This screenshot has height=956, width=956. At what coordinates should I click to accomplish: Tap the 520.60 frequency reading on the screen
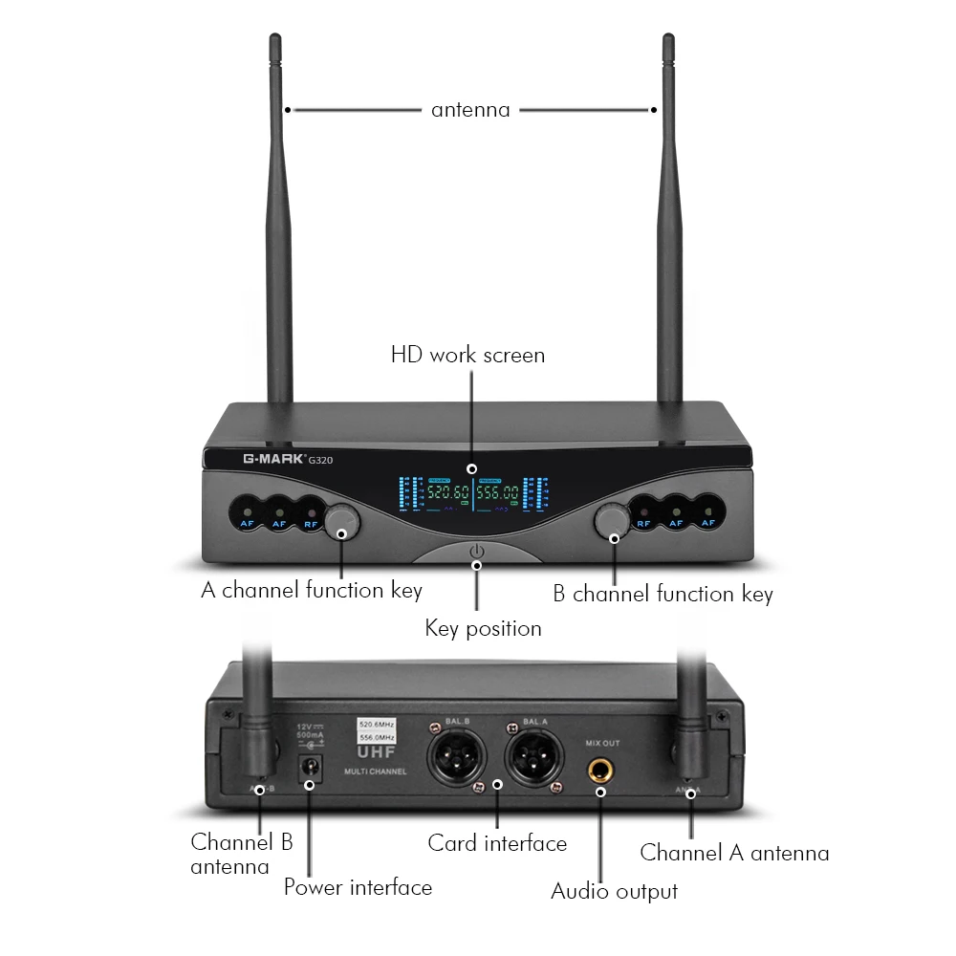point(446,493)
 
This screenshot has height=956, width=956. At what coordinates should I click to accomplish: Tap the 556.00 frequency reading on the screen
point(499,493)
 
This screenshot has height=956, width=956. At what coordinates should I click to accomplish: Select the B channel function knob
point(612,522)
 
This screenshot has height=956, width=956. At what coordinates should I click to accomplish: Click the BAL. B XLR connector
point(456,753)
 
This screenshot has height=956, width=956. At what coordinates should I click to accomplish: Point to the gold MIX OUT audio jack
point(601,768)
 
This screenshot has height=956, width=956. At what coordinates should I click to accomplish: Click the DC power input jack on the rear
point(309,766)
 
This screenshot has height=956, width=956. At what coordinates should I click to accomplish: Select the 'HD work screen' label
point(467,355)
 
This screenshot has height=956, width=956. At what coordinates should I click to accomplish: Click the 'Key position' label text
point(483,628)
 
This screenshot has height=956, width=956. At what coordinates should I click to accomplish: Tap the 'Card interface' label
point(497,843)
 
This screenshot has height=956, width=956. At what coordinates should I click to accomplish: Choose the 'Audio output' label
point(614,892)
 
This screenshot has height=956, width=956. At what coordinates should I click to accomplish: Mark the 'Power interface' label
point(358,887)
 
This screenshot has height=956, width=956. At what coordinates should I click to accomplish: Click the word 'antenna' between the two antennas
point(470,109)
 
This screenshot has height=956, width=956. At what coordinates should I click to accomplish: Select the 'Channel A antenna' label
point(734,853)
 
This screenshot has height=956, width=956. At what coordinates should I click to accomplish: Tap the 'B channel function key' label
point(663,594)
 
